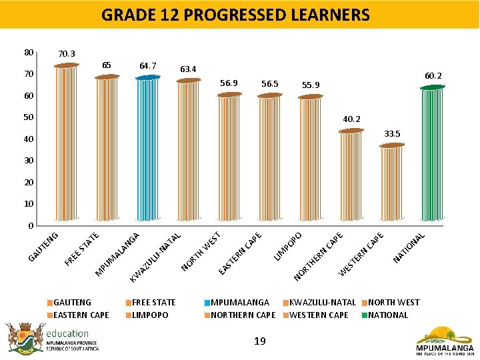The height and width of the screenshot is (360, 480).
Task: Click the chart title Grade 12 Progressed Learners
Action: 235,15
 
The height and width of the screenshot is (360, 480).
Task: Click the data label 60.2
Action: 433,76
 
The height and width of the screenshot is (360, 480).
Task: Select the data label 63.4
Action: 188,69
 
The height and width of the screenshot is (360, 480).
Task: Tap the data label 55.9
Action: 311,85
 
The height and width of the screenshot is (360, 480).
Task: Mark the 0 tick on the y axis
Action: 31,225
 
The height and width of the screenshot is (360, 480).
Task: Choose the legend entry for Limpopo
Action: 150,315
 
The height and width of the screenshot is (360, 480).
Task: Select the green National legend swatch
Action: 364,315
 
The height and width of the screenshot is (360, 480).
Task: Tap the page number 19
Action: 260,341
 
